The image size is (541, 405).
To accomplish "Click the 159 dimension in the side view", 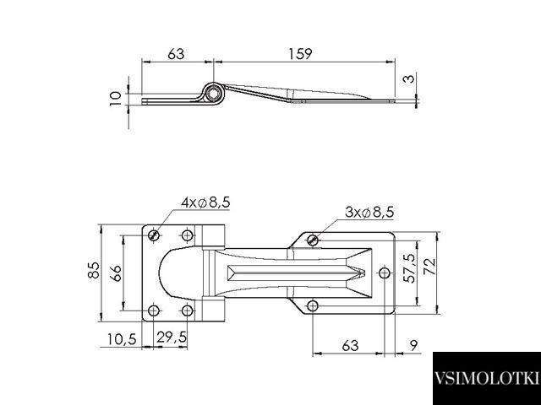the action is [300, 54].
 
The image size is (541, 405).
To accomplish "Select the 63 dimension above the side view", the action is [176, 54].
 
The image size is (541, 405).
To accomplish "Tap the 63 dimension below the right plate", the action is [350, 345].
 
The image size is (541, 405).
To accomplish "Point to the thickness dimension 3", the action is [408, 78].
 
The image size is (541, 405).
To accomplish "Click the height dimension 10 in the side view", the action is [116, 98].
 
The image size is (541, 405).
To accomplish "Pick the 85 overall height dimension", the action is [94, 270].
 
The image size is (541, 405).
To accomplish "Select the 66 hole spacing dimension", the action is [117, 273].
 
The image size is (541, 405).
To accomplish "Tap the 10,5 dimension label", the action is [122, 339].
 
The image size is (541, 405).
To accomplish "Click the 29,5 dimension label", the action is [172, 337].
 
